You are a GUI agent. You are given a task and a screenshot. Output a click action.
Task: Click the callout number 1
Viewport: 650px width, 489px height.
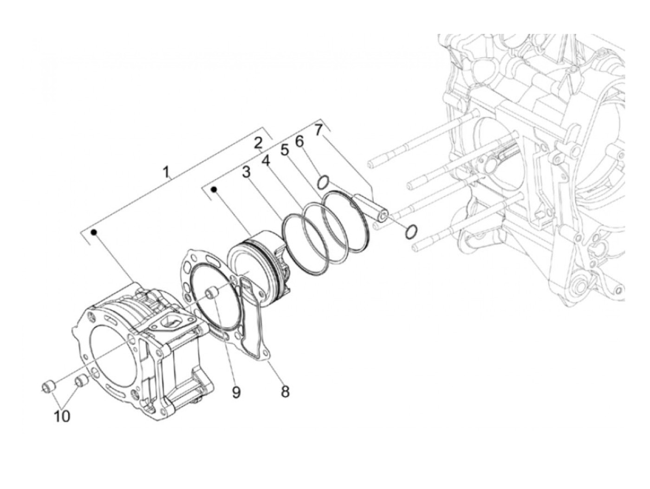click(165, 173)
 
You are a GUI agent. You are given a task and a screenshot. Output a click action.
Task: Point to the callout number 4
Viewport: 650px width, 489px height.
click(266, 161)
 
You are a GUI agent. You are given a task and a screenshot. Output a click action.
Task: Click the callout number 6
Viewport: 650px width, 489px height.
click(299, 140)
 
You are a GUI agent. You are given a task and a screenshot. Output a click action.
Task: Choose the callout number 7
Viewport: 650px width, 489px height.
click(318, 130)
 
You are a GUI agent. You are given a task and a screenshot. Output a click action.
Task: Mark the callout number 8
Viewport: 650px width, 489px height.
click(285, 391)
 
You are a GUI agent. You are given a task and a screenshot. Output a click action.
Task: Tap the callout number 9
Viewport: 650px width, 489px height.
click(236, 393)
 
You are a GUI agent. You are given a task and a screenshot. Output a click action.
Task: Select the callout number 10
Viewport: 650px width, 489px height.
click(62, 416)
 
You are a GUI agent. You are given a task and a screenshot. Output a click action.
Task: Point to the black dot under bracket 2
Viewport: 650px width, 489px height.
click(214, 189)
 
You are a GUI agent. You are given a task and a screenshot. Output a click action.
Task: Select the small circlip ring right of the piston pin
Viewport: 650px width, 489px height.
click(410, 231)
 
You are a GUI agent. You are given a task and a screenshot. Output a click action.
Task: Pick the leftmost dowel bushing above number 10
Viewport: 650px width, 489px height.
click(49, 385)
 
